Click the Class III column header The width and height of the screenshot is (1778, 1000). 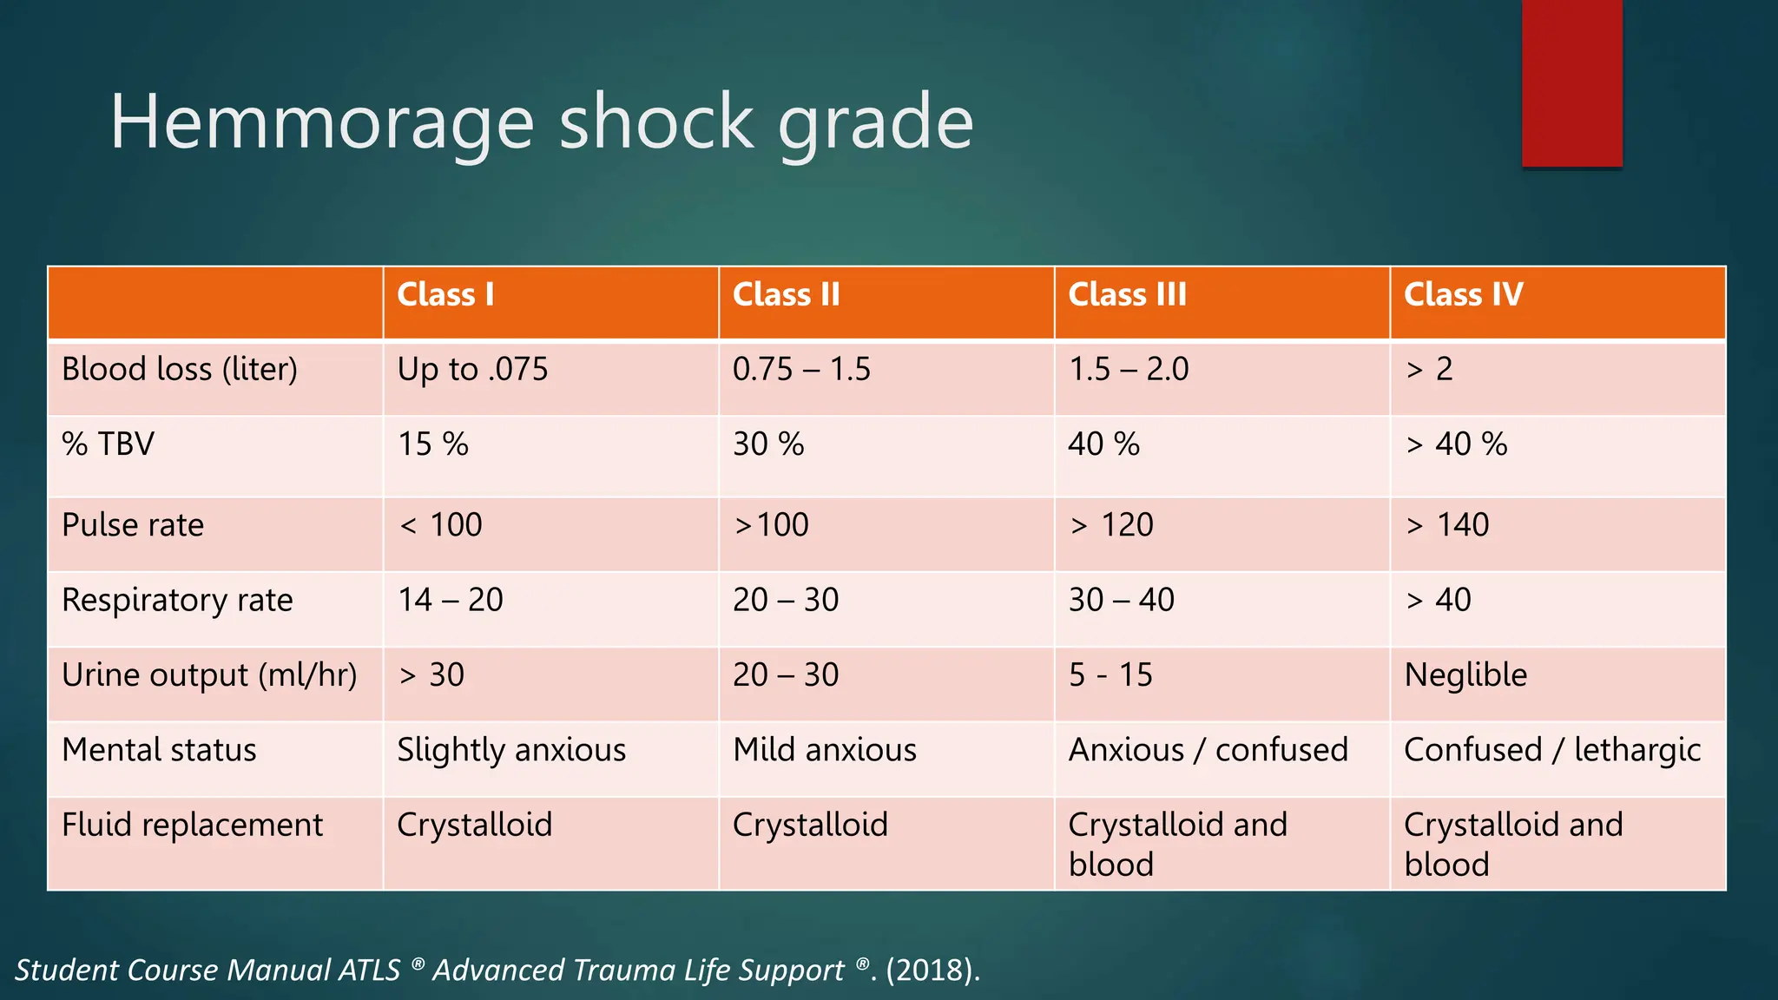[x=1127, y=295]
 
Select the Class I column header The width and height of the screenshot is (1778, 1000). [x=445, y=295]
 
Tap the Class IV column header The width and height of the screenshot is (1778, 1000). [x=1463, y=295]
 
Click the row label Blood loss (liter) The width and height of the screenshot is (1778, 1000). [x=180, y=370]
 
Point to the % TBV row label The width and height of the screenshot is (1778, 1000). [x=108, y=444]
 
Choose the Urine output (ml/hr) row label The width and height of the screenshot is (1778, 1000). [x=209, y=675]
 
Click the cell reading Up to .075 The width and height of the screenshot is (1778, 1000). [x=472, y=370]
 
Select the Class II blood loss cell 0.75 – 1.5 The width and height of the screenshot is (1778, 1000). [x=800, y=370]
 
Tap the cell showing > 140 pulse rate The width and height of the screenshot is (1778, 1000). [x=1446, y=525]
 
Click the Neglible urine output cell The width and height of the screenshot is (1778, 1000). [x=1465, y=675]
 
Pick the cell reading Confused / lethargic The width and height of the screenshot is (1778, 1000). [x=1551, y=750]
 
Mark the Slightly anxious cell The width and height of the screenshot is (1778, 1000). [x=511, y=750]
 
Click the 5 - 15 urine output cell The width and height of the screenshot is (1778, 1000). [x=1110, y=675]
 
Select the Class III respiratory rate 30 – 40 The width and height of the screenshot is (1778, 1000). [x=1121, y=600]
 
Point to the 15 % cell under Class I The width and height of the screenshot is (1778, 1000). [x=432, y=444]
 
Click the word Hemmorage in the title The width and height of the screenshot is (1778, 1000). [x=321, y=123]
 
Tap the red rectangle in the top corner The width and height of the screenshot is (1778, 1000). [x=1571, y=82]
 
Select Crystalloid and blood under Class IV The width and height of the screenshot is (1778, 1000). [x=1512, y=844]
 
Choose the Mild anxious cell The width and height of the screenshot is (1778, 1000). [x=824, y=750]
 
